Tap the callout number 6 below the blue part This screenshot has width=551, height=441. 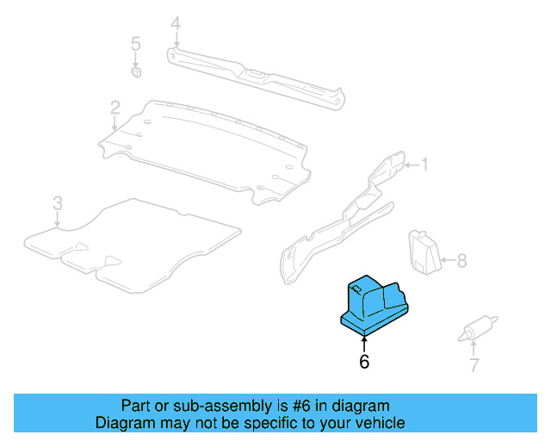364,363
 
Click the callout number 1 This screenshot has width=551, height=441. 424,164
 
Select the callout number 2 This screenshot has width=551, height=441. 115,108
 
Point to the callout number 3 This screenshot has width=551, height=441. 57,204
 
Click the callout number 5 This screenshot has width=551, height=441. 134,43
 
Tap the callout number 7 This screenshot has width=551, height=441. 474,366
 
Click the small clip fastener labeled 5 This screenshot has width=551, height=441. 136,72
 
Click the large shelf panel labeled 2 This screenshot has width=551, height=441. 207,146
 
